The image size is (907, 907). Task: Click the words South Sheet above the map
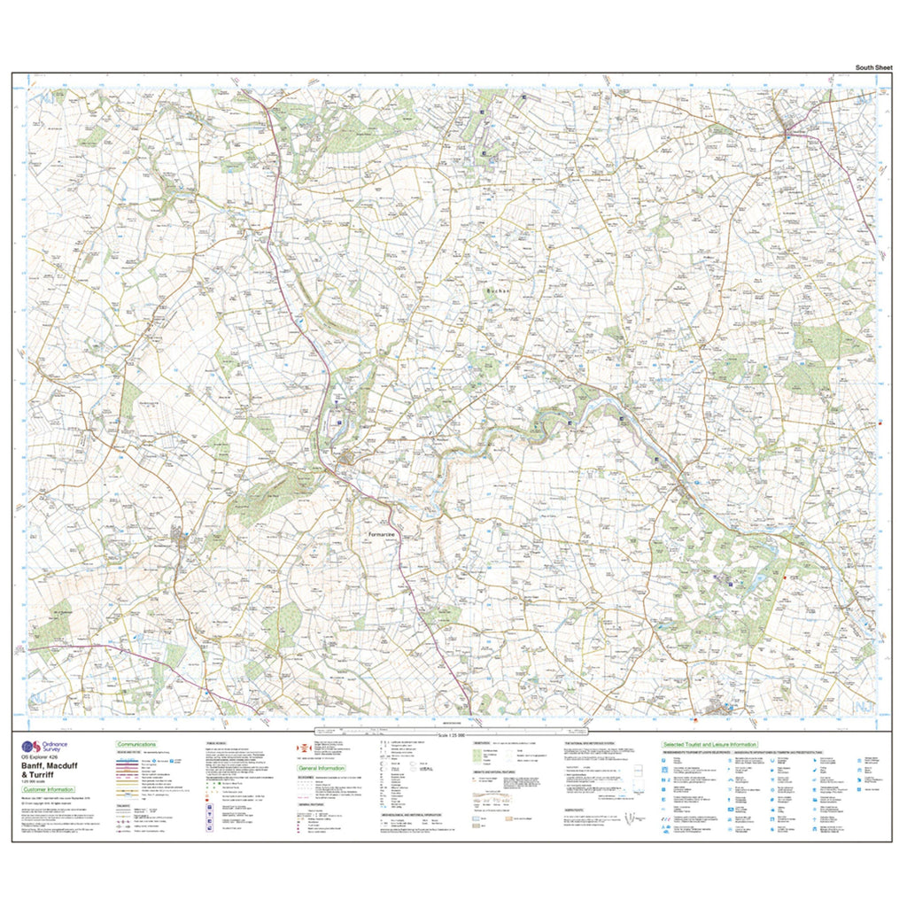pyautogui.click(x=873, y=67)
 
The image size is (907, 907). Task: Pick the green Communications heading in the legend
pyautogui.click(x=137, y=745)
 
